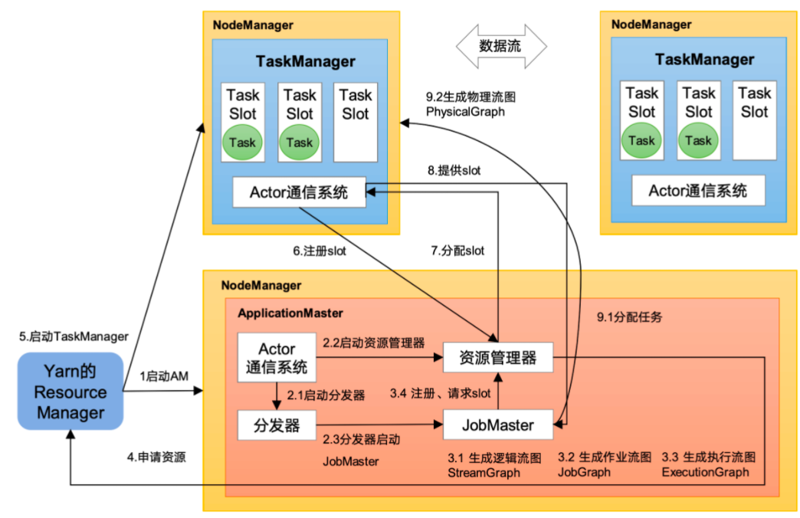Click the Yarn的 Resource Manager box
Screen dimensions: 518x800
pyautogui.click(x=70, y=392)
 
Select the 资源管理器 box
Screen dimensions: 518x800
pyautogui.click(x=497, y=357)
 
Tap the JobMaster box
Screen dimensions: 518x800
pyautogui.click(x=498, y=423)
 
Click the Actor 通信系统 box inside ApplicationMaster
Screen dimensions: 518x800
pyautogui.click(x=277, y=357)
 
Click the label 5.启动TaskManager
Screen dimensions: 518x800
pyautogui.click(x=74, y=336)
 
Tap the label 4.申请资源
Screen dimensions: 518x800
pyautogui.click(x=156, y=457)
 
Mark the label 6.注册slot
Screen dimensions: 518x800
pyautogui.click(x=315, y=250)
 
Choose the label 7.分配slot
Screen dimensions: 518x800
pyautogui.click(x=457, y=250)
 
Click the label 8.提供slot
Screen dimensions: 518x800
pyautogui.click(x=454, y=171)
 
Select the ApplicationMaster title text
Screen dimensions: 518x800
pyautogui.click(x=290, y=313)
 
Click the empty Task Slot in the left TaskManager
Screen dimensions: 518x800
pyautogui.click(x=356, y=123)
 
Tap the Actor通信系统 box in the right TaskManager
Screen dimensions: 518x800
pyautogui.click(x=697, y=191)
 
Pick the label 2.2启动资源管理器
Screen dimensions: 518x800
pyautogui.click(x=373, y=342)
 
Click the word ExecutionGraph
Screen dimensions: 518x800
pyautogui.click(x=705, y=472)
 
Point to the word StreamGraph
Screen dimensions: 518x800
pyautogui.click(x=484, y=472)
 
